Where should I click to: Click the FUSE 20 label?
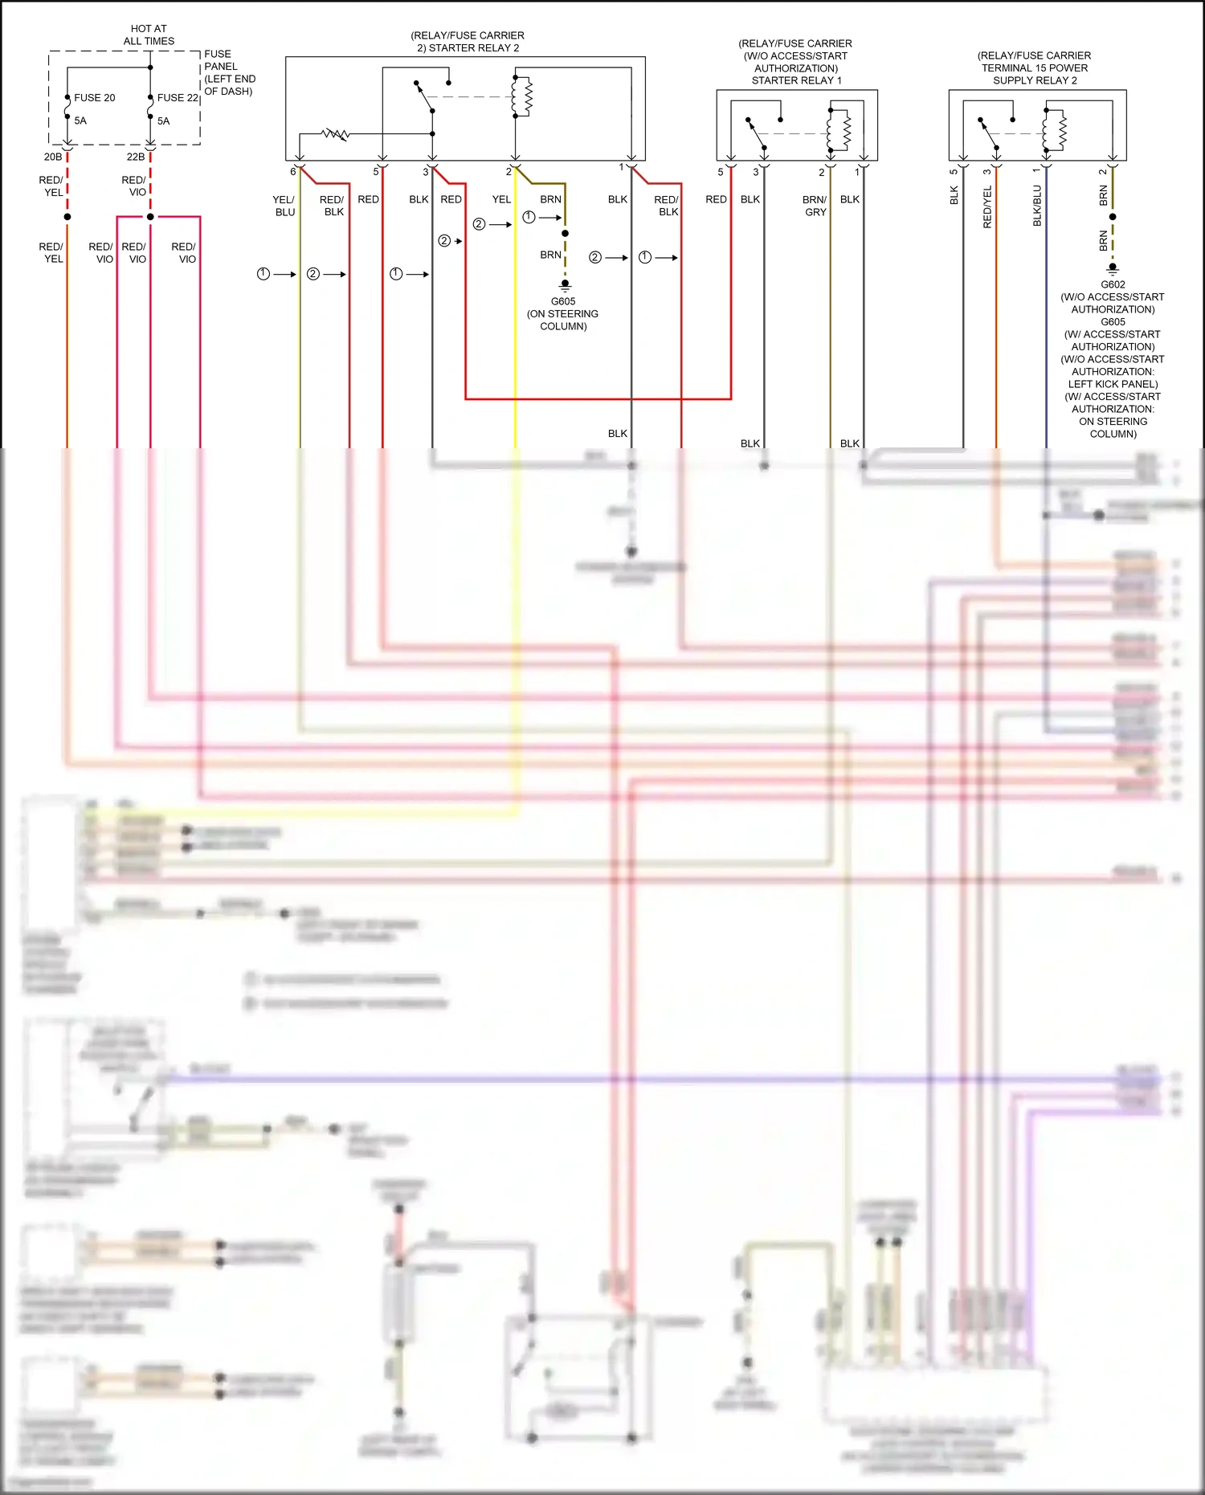pos(94,97)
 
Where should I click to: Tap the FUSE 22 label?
pos(178,97)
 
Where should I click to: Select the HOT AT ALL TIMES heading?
pos(149,35)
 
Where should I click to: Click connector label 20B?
pos(53,157)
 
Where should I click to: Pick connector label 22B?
pos(136,157)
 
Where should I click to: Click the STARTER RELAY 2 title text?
pos(468,47)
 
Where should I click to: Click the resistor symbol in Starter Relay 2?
pos(336,133)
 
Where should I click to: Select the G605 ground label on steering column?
pos(562,301)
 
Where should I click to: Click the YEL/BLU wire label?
pos(284,206)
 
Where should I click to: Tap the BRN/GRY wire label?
pos(815,206)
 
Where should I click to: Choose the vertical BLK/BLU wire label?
pos(1037,206)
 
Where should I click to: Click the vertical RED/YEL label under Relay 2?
pos(987,207)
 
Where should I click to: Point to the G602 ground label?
pos(1113,284)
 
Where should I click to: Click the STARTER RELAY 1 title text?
pos(795,80)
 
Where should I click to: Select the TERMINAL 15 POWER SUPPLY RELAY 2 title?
pos(1034,67)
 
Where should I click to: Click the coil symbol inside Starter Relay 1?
pos(843,129)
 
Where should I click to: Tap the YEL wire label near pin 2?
pos(501,199)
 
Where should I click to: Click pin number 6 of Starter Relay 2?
pos(292,171)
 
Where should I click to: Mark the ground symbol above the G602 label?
pos(1113,268)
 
